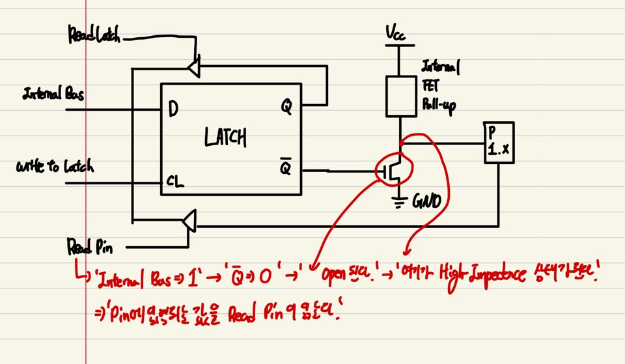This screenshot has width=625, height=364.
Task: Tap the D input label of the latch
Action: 173,109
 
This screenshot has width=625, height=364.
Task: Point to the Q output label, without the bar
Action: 286,105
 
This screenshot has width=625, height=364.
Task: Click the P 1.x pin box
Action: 498,143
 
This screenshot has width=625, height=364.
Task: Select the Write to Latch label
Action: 55,168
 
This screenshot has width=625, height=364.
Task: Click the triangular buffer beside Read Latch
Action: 193,66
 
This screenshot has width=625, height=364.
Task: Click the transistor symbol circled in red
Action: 393,171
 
